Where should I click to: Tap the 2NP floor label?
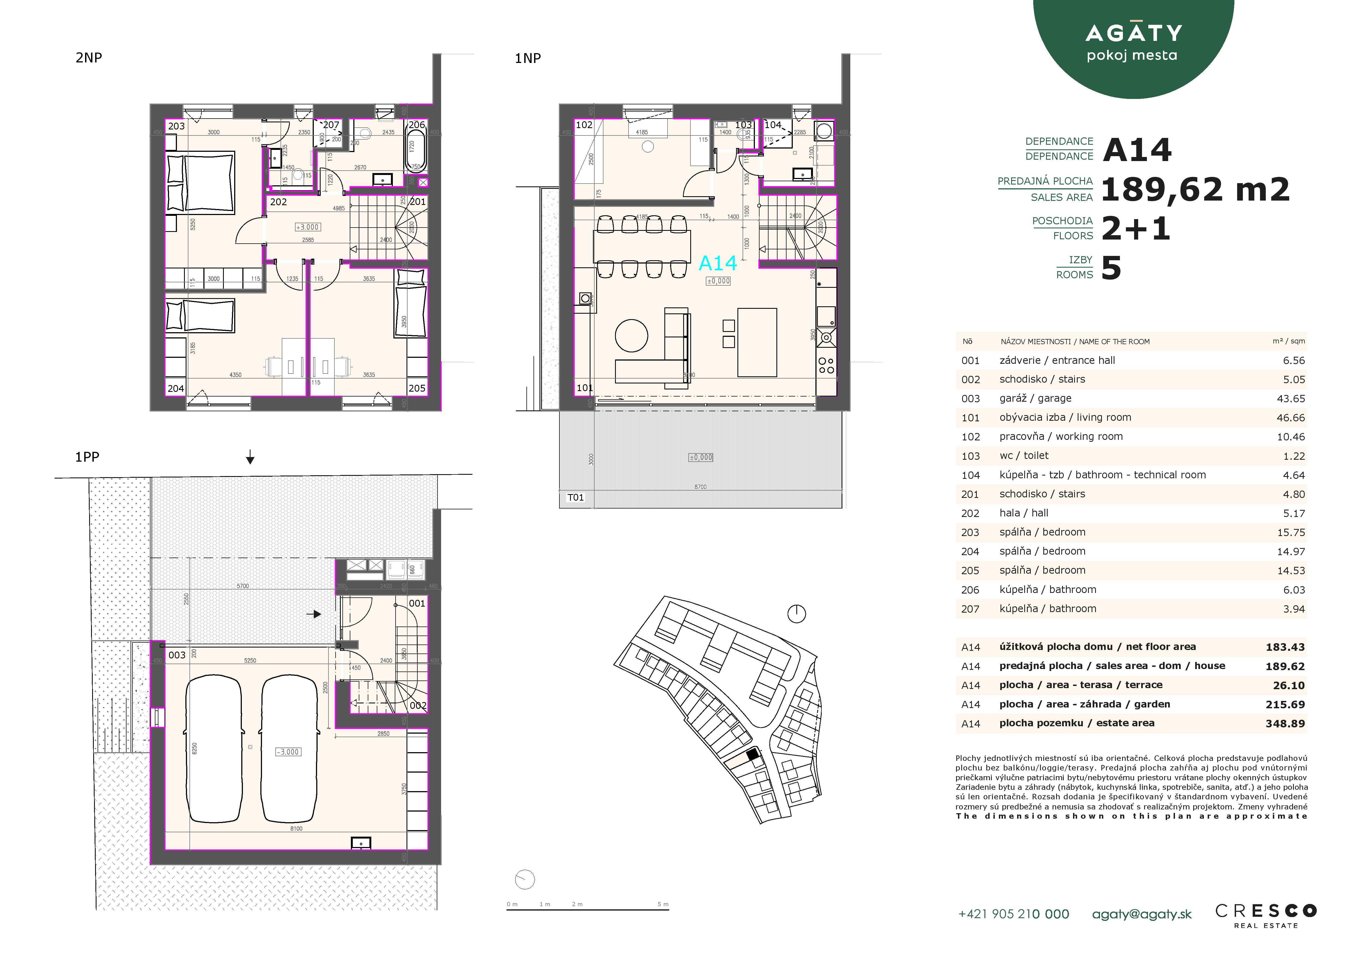click(89, 58)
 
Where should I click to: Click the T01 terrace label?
click(575, 498)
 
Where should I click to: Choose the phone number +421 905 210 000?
click(1014, 914)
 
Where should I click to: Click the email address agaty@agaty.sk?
click(1141, 914)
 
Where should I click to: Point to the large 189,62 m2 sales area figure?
click(1195, 190)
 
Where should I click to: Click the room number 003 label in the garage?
click(177, 655)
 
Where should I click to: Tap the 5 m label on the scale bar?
click(663, 904)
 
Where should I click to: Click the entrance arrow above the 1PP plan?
click(250, 458)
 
